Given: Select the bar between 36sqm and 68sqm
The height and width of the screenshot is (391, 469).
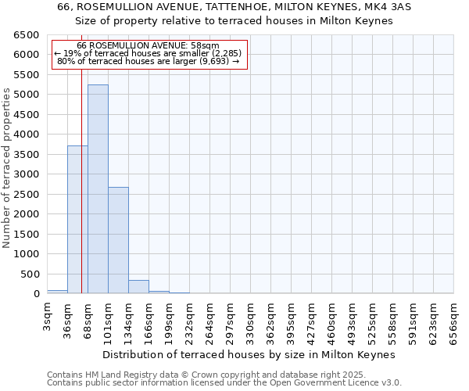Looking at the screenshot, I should click(x=77, y=220).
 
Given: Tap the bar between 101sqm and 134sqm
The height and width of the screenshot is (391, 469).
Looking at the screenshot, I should click(x=118, y=240).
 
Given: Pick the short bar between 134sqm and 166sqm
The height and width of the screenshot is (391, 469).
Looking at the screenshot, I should click(x=138, y=287).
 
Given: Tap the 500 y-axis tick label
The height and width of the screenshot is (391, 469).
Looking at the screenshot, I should click(x=30, y=274).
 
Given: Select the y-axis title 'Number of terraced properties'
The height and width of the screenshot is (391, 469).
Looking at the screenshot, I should click(x=8, y=168).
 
